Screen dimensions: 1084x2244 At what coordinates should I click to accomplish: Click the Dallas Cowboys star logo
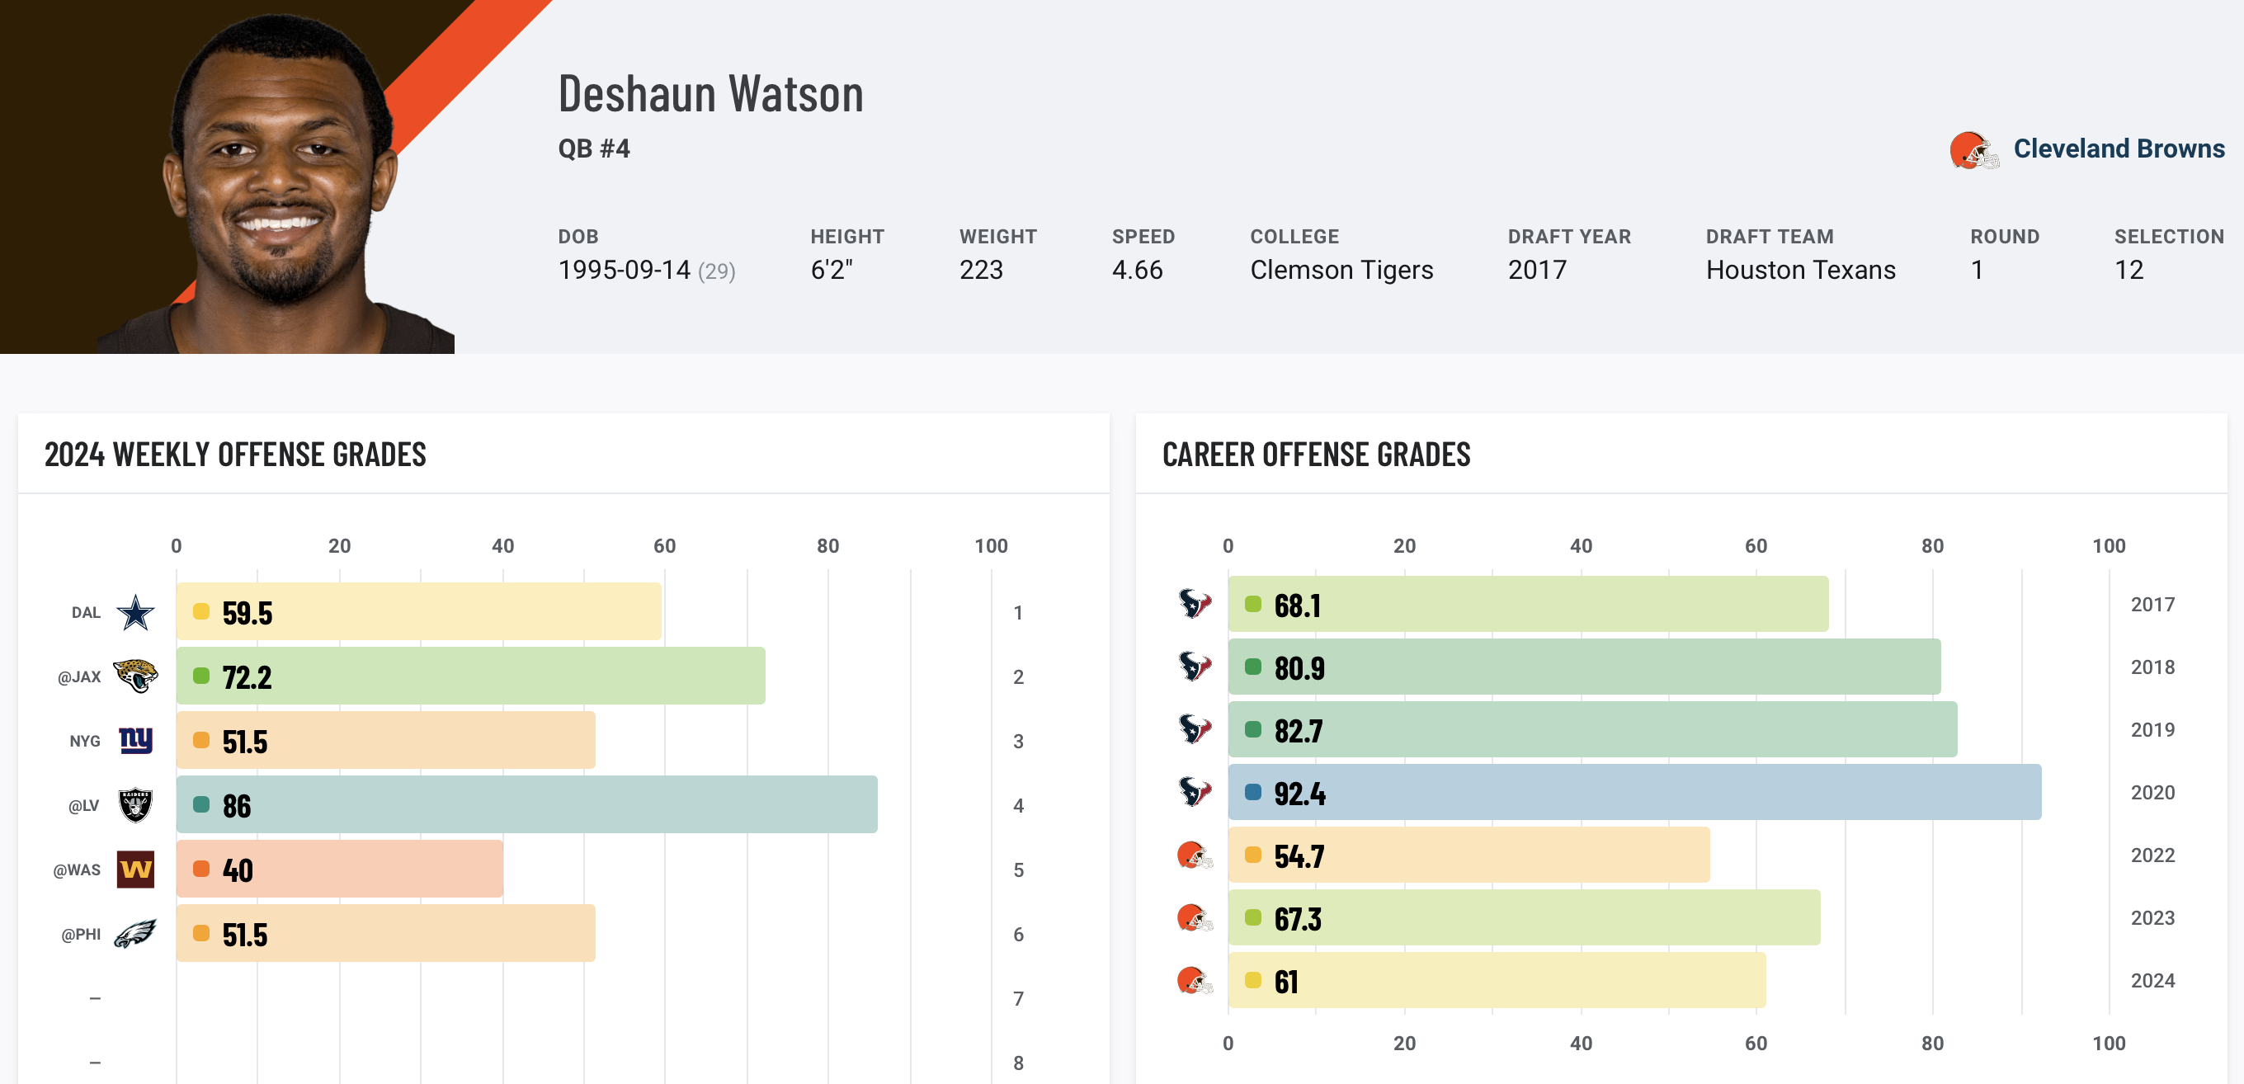point(136,613)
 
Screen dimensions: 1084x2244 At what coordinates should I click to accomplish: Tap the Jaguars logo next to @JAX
point(136,676)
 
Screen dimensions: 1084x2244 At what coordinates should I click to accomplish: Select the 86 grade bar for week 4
point(526,804)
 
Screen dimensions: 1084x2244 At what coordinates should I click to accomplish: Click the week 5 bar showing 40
point(340,869)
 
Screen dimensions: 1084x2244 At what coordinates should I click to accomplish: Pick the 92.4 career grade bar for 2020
point(1634,792)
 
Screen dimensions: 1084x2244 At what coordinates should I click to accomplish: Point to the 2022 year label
point(2152,855)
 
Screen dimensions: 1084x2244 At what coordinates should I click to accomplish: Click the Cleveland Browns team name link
point(2119,149)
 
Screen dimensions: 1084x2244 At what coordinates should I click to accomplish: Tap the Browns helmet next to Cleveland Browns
point(1973,151)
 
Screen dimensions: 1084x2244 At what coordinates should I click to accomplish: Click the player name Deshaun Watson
point(711,94)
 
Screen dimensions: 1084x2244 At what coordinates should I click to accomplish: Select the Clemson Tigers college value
point(1341,270)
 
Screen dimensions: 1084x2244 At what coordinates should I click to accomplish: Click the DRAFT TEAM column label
point(1770,237)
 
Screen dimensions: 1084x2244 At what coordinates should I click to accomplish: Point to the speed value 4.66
point(1137,270)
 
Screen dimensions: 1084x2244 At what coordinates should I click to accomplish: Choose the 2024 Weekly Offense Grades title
point(235,455)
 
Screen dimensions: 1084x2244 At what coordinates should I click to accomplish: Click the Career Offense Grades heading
point(1315,455)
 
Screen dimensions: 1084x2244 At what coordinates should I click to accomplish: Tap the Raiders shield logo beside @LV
point(136,805)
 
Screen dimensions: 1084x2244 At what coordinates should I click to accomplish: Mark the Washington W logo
point(136,870)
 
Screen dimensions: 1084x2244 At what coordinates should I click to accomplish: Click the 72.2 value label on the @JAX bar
point(247,677)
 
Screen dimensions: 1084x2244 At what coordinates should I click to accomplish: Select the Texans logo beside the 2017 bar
point(1195,603)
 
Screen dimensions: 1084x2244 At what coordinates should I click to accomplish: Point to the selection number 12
point(2128,270)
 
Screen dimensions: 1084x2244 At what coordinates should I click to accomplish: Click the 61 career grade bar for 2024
point(1497,980)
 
